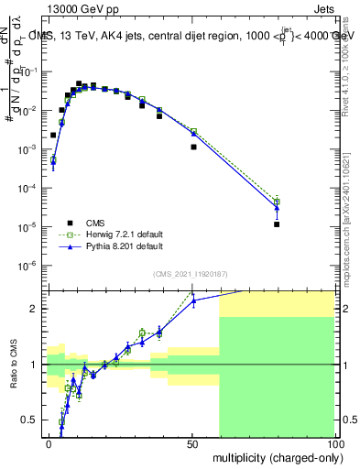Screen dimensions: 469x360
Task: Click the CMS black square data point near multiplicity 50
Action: click(193, 147)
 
